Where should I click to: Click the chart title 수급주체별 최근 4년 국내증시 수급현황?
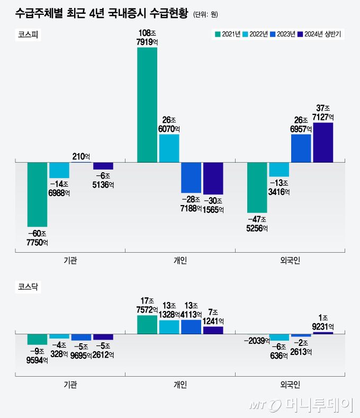pos(101,13)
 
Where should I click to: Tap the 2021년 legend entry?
pos(228,34)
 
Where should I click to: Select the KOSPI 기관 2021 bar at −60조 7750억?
pos(38,194)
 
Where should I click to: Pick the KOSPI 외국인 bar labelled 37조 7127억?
pos(323,142)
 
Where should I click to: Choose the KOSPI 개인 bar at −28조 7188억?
pos(191,177)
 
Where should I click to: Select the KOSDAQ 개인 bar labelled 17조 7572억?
pos(147,324)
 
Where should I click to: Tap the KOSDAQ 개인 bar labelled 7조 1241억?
pos(213,330)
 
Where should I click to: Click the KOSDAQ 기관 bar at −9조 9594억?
pos(38,339)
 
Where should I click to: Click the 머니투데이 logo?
pos(302,405)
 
